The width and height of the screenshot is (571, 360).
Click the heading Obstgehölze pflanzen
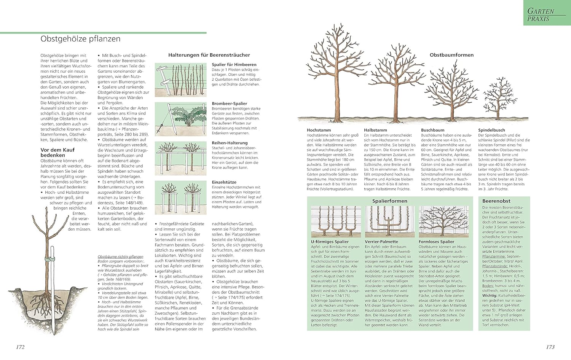click(80, 39)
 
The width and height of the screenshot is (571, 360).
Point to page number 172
click(20, 347)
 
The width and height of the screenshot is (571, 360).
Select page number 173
click(550, 347)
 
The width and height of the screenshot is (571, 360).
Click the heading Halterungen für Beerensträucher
click(209, 55)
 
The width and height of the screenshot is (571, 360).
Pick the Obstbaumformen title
click(451, 55)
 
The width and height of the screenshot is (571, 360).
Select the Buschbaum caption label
click(432, 130)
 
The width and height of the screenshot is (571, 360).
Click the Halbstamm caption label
click(375, 130)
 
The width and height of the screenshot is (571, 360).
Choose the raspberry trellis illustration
click(180, 80)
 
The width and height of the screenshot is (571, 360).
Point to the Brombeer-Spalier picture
click(180, 119)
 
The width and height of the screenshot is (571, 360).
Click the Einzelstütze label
click(224, 182)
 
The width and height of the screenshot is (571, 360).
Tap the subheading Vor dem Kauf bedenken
click(57, 152)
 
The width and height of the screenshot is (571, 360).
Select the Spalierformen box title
click(389, 201)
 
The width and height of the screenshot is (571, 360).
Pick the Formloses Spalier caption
click(436, 242)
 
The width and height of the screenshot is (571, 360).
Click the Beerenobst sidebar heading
click(496, 201)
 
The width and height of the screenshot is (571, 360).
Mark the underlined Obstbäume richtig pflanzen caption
click(120, 256)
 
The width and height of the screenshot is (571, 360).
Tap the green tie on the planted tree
click(49, 259)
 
